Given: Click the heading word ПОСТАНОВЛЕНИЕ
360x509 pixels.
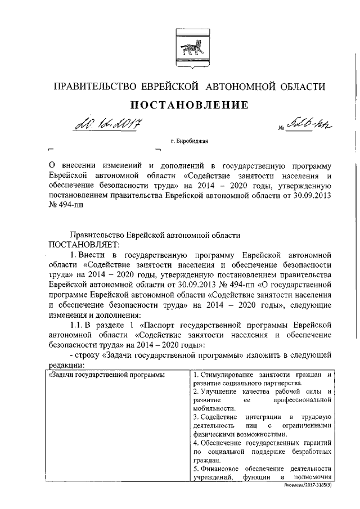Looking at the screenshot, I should (189, 105).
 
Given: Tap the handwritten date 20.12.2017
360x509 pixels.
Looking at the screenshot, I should (105, 123).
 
